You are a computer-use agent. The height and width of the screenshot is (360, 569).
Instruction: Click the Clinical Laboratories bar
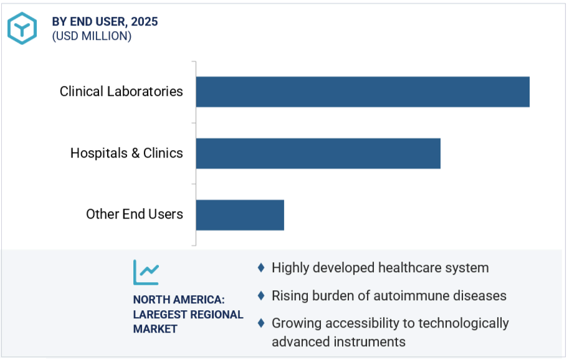[363, 92]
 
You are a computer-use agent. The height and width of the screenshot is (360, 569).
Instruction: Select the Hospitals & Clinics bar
[318, 153]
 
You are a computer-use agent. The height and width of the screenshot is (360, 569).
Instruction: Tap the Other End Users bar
[240, 215]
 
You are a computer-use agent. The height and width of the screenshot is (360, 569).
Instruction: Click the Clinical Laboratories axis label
[122, 92]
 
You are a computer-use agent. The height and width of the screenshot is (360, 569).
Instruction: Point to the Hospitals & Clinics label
[127, 153]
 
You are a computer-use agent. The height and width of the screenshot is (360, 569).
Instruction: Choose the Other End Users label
[135, 214]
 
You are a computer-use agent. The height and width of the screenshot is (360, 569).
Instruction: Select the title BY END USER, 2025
[105, 22]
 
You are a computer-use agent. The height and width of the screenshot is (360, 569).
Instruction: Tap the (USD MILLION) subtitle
[92, 36]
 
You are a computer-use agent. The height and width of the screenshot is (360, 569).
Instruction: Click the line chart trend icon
[146, 272]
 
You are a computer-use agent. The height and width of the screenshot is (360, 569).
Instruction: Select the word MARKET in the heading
[155, 329]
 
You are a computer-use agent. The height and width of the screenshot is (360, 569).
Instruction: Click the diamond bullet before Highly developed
[261, 268]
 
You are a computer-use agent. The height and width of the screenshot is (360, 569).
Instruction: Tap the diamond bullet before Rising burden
[261, 295]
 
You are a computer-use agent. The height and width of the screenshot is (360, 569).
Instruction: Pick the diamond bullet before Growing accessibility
[261, 323]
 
